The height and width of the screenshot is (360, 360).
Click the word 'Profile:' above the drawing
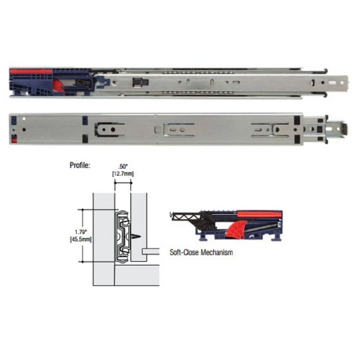(x=80, y=165)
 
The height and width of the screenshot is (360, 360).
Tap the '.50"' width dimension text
(x=123, y=167)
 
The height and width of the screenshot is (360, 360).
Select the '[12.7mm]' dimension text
(x=123, y=173)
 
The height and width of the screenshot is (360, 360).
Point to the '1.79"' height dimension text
(x=80, y=232)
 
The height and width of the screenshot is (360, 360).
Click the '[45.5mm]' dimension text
(x=80, y=240)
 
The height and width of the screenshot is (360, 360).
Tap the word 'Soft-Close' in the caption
(x=184, y=252)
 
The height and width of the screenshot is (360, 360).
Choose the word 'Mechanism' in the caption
(x=217, y=253)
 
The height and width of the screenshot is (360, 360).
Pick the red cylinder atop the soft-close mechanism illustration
(x=259, y=215)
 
